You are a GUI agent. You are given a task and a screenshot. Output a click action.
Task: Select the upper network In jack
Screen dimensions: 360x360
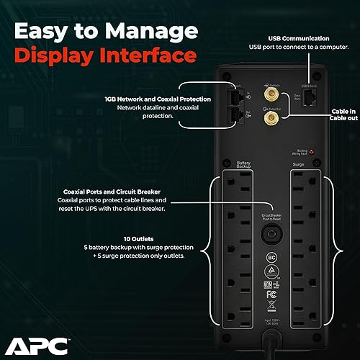coord(235,98)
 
